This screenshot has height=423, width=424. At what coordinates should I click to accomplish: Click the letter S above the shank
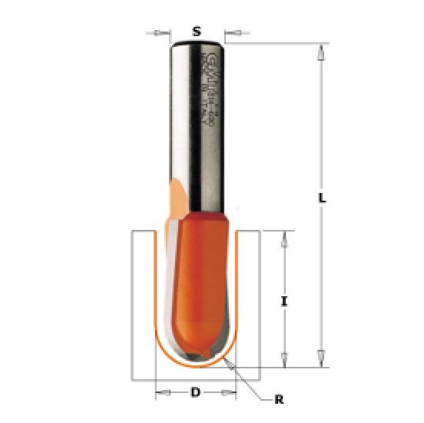coord(197,32)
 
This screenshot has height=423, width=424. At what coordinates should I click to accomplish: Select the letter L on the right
coord(323,198)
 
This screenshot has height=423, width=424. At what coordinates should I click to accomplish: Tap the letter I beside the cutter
coord(285,302)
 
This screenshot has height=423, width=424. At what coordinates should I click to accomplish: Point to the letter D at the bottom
coord(196,392)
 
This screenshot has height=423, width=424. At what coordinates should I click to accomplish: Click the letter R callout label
coord(280,399)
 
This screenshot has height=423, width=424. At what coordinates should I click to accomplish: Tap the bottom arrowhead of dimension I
coord(285,358)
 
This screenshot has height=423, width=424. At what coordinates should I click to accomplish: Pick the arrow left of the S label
coord(161,32)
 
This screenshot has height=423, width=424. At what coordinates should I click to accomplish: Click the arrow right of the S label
coord(234,32)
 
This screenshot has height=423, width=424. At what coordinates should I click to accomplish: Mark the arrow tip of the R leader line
coord(231,362)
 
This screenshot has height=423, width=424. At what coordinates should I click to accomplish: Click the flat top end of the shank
coord(197,44)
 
